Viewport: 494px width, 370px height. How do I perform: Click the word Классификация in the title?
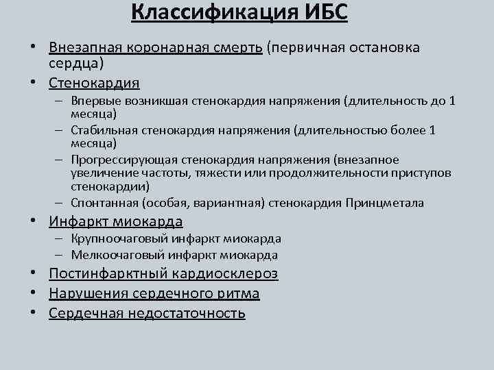click(199, 14)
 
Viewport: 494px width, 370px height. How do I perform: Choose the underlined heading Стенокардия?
click(94, 83)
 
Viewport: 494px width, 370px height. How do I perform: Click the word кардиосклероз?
click(228, 273)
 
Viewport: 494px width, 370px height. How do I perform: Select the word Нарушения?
click(82, 293)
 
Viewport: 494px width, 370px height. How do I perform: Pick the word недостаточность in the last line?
click(185, 313)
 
